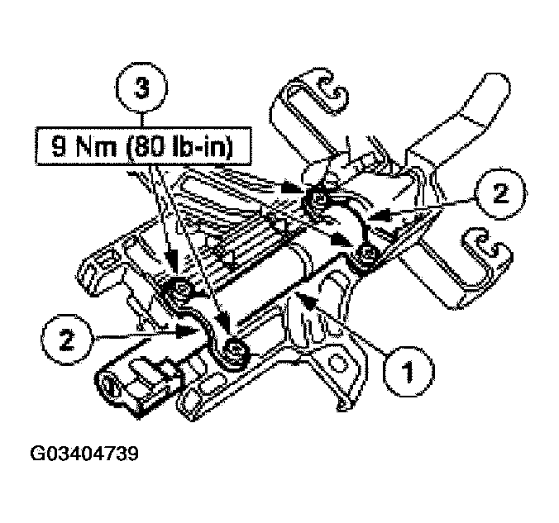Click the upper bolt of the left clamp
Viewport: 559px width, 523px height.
tap(179, 290)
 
